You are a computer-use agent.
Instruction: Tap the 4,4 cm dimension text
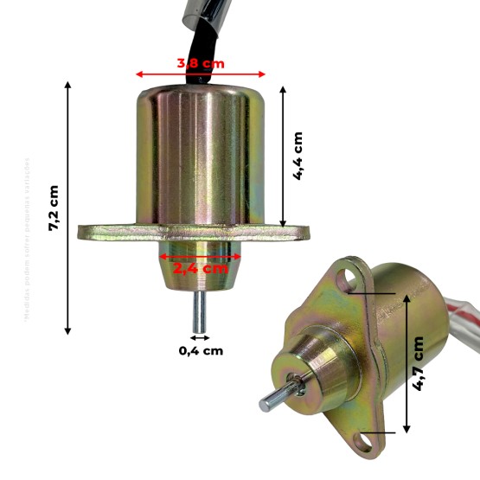298,156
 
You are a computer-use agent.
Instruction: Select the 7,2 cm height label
54,208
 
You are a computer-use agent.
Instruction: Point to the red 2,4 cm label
200,268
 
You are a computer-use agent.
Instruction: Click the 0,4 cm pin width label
201,350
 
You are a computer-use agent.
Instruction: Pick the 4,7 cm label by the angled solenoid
419,362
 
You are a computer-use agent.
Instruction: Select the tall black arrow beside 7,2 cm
68,208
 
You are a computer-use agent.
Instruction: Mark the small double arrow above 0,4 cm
200,336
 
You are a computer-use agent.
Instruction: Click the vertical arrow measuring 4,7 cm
405,362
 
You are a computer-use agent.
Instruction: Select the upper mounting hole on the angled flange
349,278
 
